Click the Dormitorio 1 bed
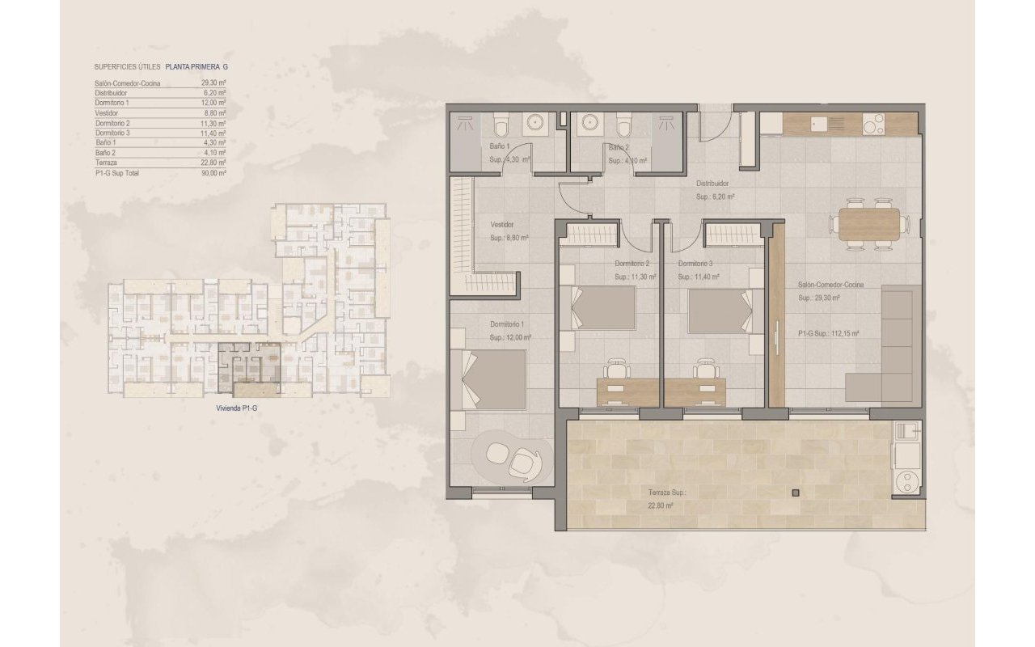pyautogui.click(x=495, y=379)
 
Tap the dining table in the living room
pyautogui.click(x=868, y=224)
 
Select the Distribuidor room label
pyautogui.click(x=713, y=184)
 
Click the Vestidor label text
pyautogui.click(x=503, y=226)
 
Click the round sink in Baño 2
pyautogui.click(x=590, y=123)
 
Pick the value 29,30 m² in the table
pyautogui.click(x=213, y=83)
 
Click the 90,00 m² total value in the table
pyautogui.click(x=213, y=173)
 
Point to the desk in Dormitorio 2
pyautogui.click(x=619, y=391)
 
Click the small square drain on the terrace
pyautogui.click(x=796, y=493)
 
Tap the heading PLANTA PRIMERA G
pyautogui.click(x=196, y=68)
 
